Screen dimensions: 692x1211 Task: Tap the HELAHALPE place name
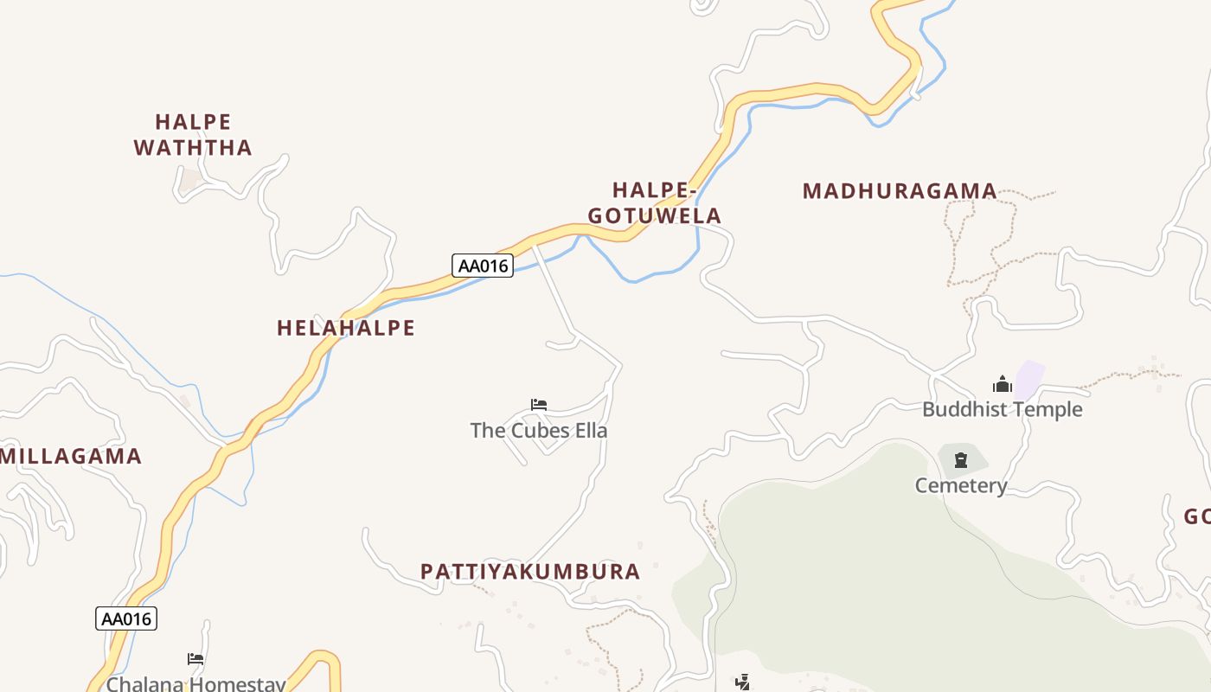coord(345,328)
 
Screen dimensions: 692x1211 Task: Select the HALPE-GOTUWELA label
coord(654,202)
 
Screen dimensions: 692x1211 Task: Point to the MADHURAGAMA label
coord(900,191)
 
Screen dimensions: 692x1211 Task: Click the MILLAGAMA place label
coord(71,456)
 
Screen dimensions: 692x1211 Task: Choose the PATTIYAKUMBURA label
coord(530,571)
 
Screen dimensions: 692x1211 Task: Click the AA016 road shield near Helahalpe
coord(483,266)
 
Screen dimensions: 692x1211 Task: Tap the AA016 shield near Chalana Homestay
coord(126,618)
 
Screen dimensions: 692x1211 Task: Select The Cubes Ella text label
coord(539,430)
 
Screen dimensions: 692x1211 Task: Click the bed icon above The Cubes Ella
coord(539,404)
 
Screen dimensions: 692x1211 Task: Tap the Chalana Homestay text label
coord(195,684)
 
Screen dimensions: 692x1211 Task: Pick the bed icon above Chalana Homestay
coord(195,659)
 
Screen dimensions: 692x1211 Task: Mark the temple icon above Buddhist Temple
coord(1003,384)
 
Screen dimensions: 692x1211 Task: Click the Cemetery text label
coord(961,485)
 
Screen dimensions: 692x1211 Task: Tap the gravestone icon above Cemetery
coord(960,460)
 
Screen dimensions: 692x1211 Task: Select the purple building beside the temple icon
coord(1029,379)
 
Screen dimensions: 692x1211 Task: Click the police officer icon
coord(742,682)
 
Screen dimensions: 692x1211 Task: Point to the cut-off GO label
coord(1197,516)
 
